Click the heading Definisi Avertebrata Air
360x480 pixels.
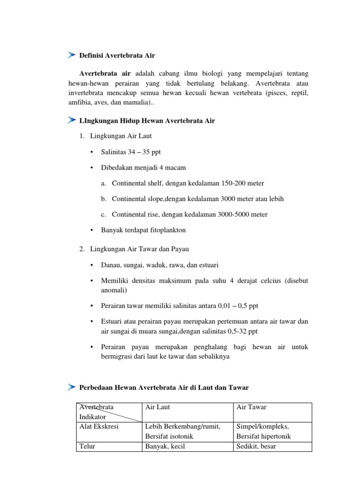coord(117,55)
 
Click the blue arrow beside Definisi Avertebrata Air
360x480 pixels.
coord(71,55)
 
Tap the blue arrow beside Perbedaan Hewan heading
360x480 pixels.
coord(71,387)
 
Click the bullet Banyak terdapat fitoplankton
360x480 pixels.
coord(143,230)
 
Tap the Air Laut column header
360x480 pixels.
coord(157,407)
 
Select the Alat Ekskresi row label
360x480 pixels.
coord(99,426)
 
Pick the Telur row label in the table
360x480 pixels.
coord(88,446)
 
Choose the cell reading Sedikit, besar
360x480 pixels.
coord(256,446)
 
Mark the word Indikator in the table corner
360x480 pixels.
coord(93,416)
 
